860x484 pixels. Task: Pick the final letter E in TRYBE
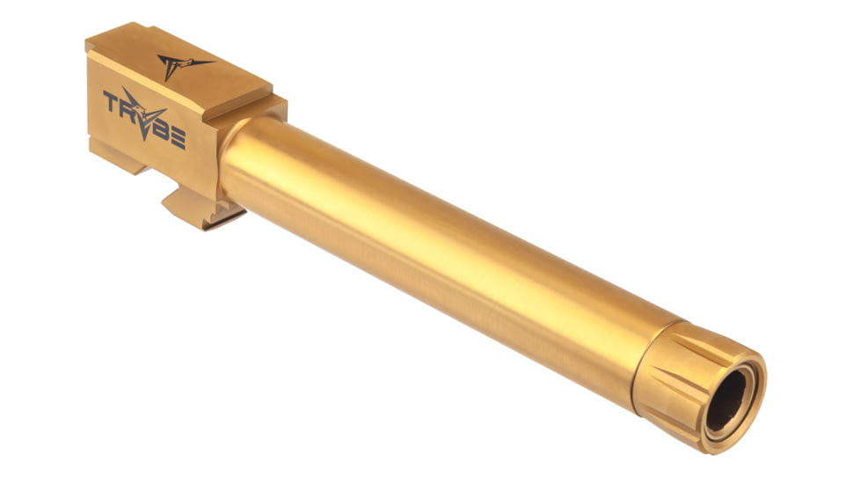[178, 137]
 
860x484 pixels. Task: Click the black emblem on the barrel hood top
[183, 64]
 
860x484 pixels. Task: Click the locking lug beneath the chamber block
[195, 208]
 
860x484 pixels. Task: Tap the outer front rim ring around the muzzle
[747, 414]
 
